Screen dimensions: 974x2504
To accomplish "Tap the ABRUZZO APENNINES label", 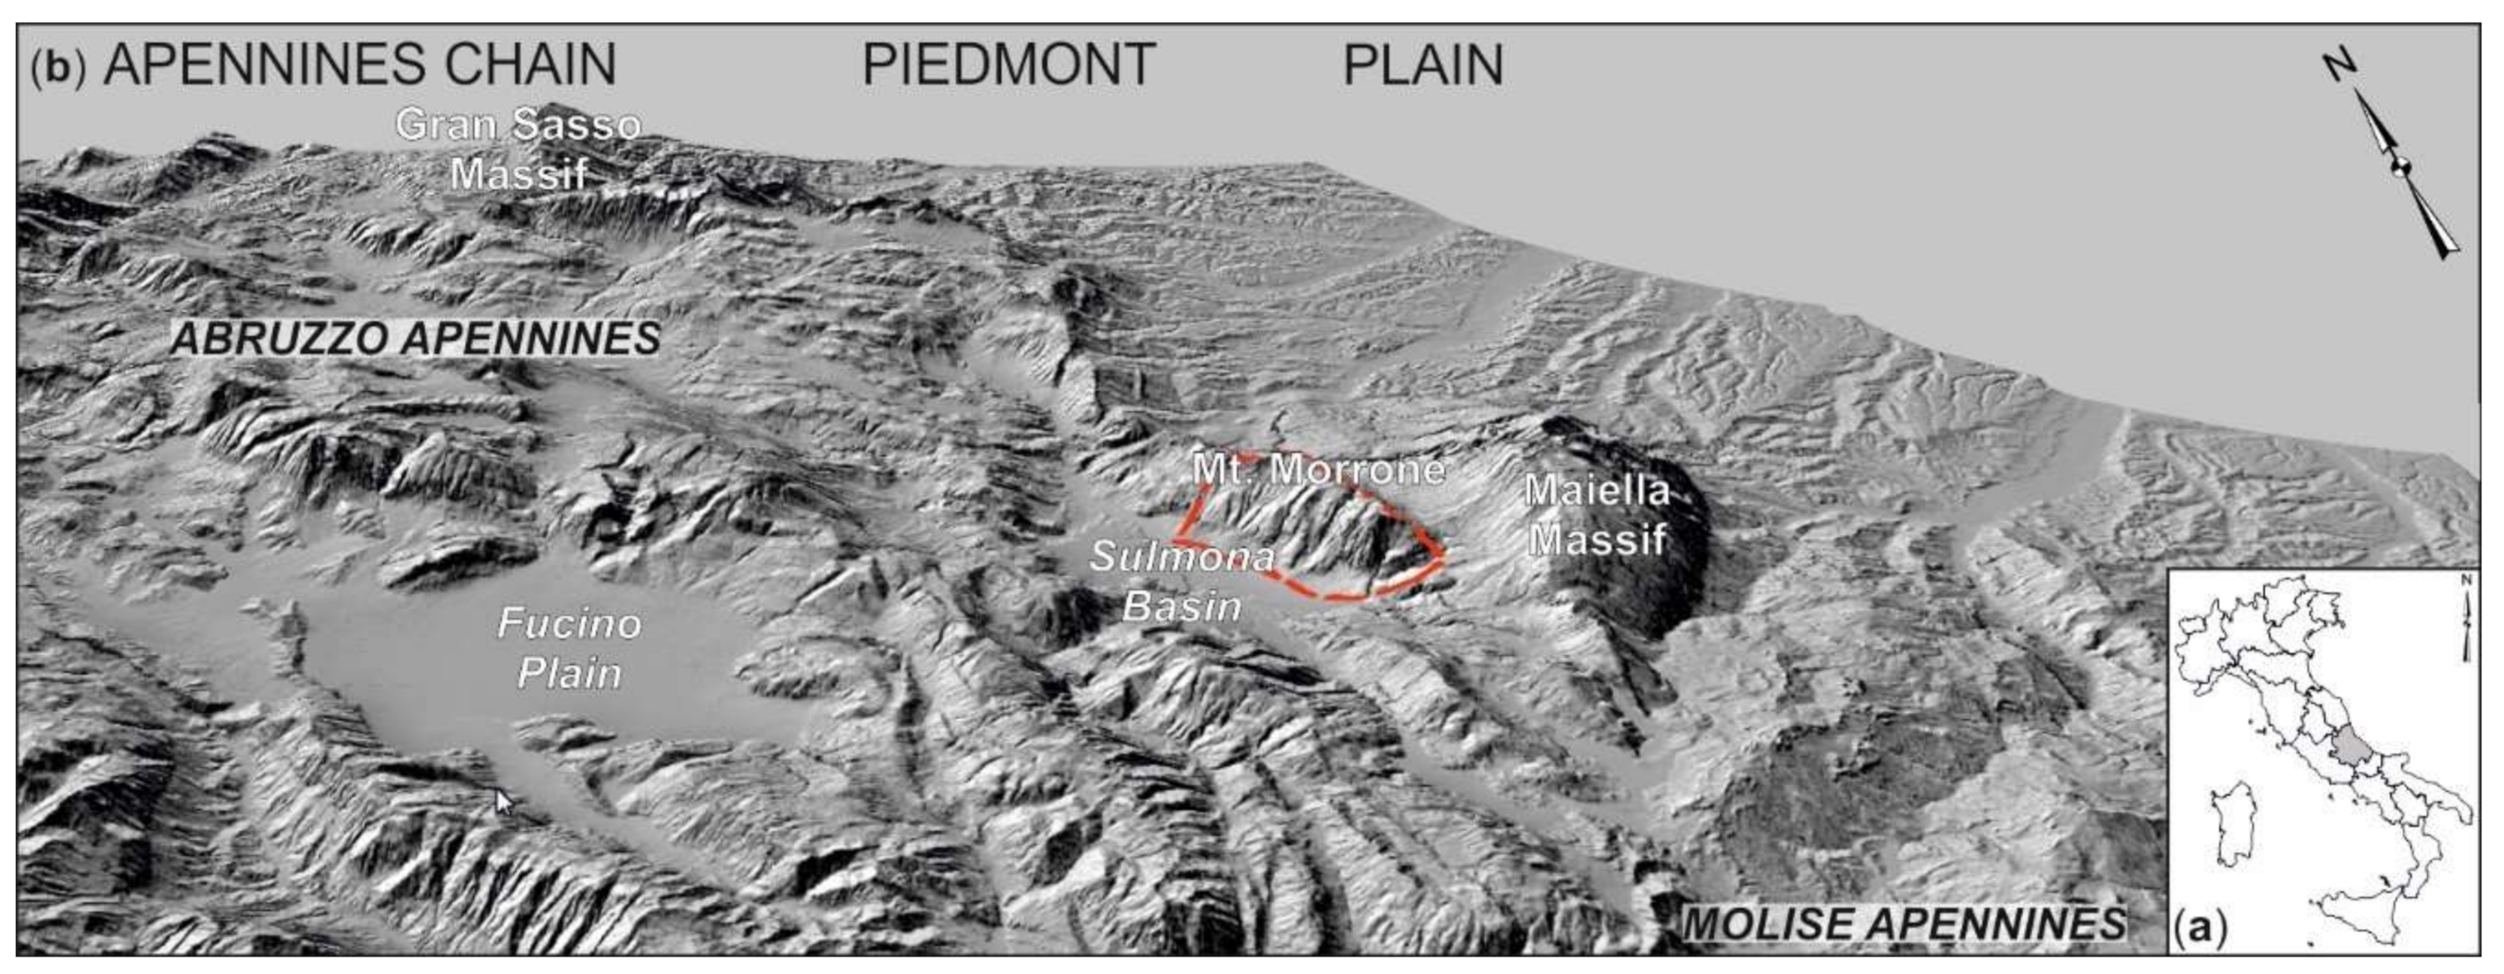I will click(415, 339).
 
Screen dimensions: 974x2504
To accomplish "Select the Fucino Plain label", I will click(569, 648).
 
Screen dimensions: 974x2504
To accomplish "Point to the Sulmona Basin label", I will click(1182, 581).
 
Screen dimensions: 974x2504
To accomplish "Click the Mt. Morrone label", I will click(1319, 470).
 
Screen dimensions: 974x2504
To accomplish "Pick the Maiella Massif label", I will click(1597, 514).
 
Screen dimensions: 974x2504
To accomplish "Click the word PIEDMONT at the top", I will click(1008, 65).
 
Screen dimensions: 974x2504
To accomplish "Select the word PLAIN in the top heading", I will click(1422, 65).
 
